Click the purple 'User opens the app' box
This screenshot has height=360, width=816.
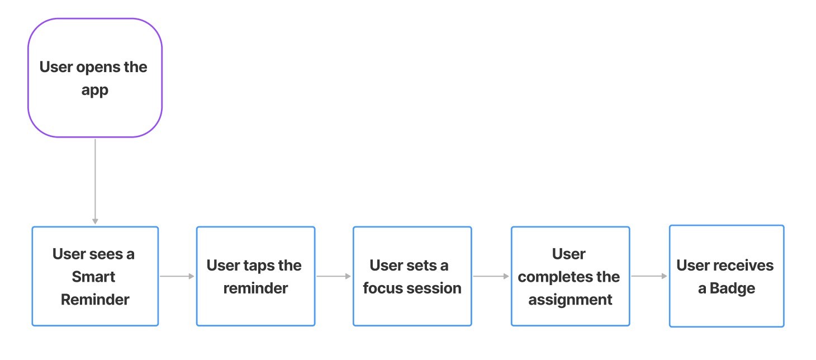tap(95, 78)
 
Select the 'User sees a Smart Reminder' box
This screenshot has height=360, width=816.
tap(95, 276)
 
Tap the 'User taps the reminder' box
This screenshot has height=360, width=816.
tap(255, 276)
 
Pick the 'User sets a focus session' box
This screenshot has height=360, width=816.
tap(412, 276)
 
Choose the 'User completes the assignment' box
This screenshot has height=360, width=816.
tap(570, 276)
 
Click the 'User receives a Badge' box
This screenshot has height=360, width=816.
tap(727, 276)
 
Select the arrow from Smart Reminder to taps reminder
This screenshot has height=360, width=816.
tap(177, 276)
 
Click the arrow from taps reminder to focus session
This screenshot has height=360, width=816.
tap(334, 276)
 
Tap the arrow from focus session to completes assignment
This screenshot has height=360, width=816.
tap(491, 276)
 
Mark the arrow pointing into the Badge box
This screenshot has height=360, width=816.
tap(649, 276)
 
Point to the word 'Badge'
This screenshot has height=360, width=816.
tap(732, 288)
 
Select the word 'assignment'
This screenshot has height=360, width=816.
tap(570, 300)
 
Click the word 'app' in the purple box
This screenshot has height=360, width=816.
tap(95, 91)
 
